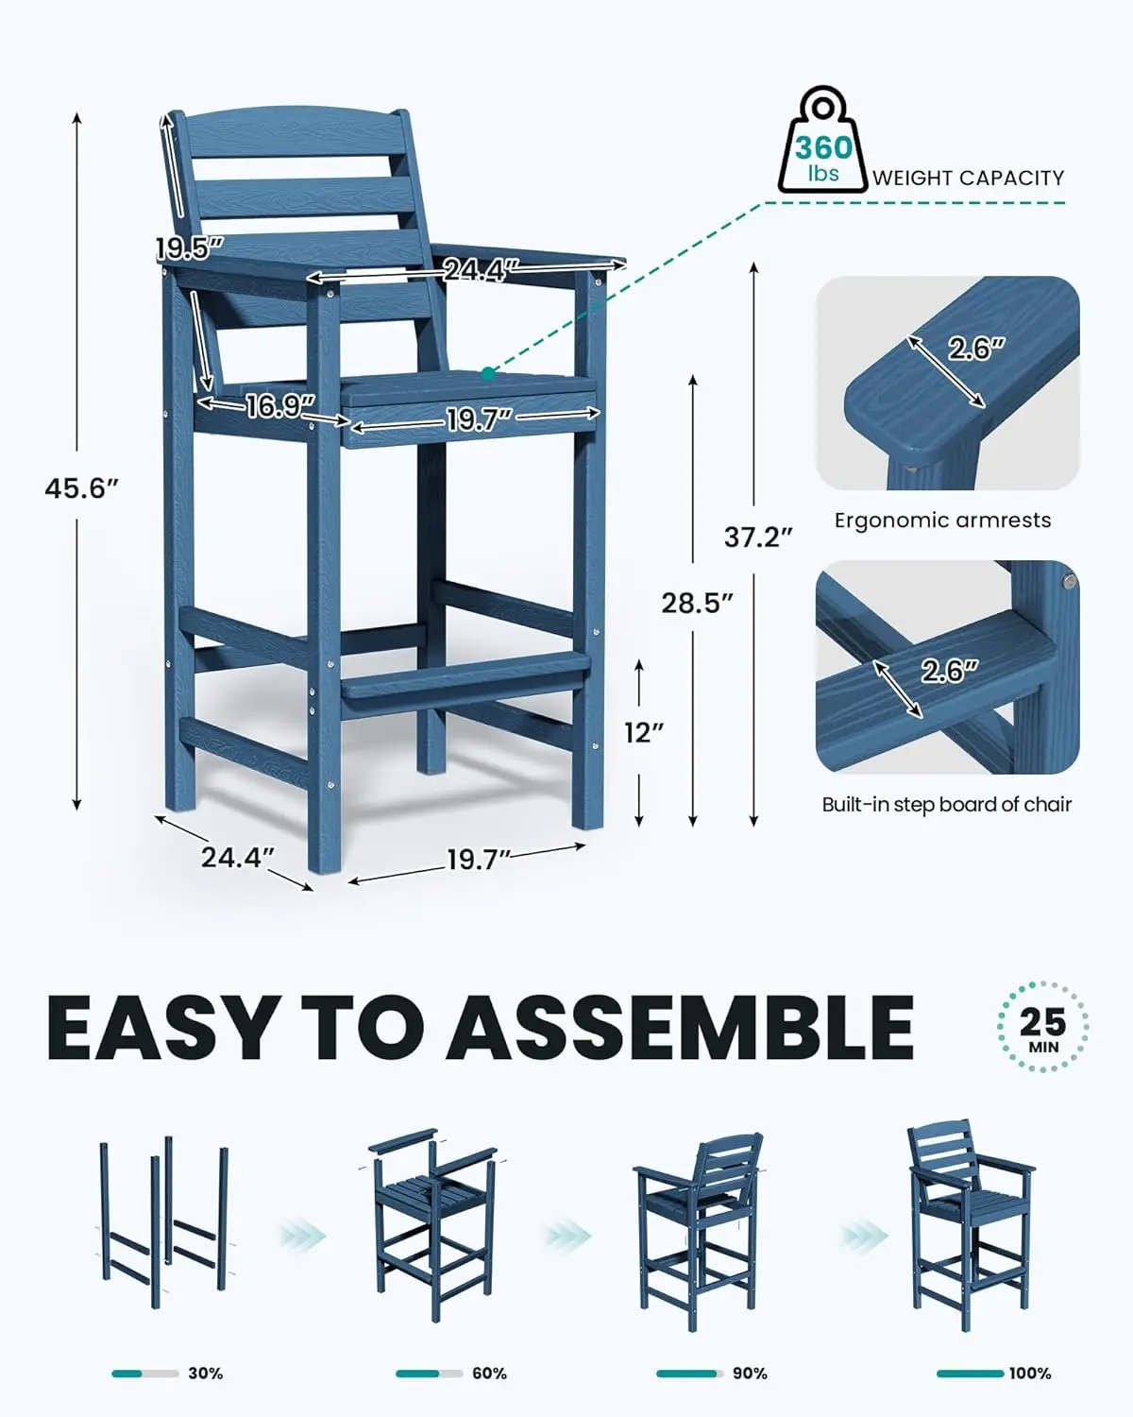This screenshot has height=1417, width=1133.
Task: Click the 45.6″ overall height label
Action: click(81, 488)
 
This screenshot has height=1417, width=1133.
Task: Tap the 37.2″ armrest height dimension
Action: click(757, 537)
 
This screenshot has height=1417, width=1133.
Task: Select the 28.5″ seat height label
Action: click(697, 603)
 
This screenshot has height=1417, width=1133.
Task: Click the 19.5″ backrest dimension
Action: click(189, 248)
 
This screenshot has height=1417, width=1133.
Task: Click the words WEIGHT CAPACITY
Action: click(968, 178)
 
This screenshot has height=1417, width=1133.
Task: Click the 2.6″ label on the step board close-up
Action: click(949, 671)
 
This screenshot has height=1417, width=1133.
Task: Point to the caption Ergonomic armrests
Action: click(942, 521)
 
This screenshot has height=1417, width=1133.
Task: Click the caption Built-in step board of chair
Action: click(946, 805)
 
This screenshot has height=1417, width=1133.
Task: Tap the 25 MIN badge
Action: click(1042, 1027)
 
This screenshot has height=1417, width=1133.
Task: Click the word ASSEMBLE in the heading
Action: click(680, 1027)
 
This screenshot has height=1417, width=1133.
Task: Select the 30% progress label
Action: click(205, 1373)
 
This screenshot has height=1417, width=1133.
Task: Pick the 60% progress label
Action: click(489, 1373)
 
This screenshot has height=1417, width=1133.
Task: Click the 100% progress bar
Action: click(970, 1373)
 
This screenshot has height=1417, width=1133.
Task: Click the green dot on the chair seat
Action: click(488, 374)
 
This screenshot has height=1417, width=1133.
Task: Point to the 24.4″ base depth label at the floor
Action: click(237, 857)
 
